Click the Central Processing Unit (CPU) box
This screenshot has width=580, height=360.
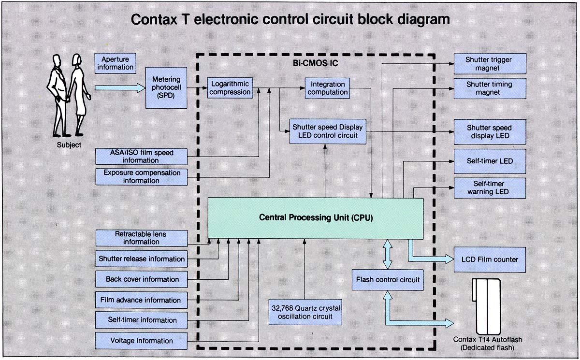click(316, 218)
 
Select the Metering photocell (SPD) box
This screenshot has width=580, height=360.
click(166, 87)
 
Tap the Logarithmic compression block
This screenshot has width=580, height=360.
click(230, 88)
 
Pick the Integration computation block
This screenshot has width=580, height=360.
click(327, 88)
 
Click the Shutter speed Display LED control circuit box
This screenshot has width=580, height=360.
click(327, 131)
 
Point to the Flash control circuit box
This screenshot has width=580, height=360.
click(388, 280)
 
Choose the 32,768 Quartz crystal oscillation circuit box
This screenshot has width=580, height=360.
click(304, 312)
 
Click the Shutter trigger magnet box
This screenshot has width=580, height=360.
click(489, 64)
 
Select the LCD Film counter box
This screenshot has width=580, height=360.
click(489, 259)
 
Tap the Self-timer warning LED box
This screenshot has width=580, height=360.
click(489, 187)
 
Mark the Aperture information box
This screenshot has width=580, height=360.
click(115, 63)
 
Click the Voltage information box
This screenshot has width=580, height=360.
click(141, 341)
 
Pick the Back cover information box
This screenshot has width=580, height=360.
click(141, 279)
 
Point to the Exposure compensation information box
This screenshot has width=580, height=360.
click(141, 176)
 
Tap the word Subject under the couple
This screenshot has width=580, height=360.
click(69, 144)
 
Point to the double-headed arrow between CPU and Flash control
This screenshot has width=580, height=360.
click(387, 255)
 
